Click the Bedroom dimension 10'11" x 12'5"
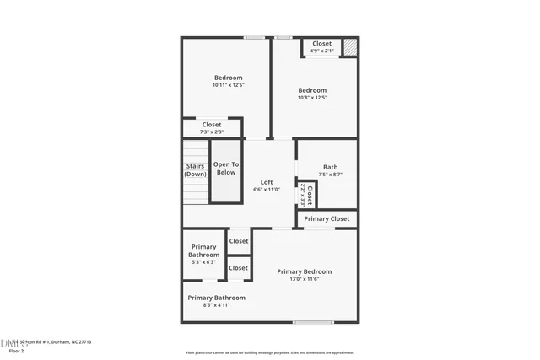(227, 85)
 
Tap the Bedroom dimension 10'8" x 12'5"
(311, 98)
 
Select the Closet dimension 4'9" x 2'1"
(321, 51)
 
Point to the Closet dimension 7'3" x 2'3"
(211, 132)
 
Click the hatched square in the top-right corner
(349, 47)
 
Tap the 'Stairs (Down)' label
(195, 169)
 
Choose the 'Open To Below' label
(225, 169)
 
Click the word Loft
(267, 182)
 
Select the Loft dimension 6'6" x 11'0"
(267, 190)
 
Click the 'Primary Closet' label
(327, 218)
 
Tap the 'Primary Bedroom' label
(305, 271)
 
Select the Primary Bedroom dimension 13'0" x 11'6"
(305, 279)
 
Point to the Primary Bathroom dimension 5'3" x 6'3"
(203, 262)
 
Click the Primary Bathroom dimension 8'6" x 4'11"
(216, 305)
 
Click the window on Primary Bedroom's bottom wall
(313, 322)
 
